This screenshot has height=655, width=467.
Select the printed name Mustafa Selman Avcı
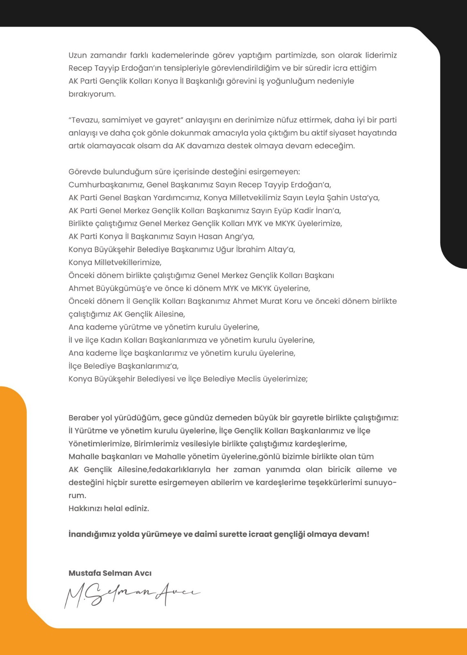pos(110,573)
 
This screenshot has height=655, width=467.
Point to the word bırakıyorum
pos(92,94)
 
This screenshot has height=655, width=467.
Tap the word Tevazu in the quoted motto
pos(85,120)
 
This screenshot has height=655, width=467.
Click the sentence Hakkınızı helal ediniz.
pos(108,508)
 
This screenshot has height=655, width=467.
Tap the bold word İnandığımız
pos(91,534)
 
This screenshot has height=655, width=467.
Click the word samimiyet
pos(121,120)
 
